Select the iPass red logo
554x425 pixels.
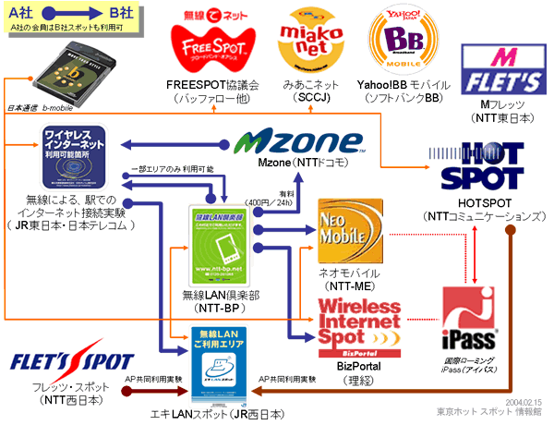(470, 319)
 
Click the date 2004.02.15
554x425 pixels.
(525, 403)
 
